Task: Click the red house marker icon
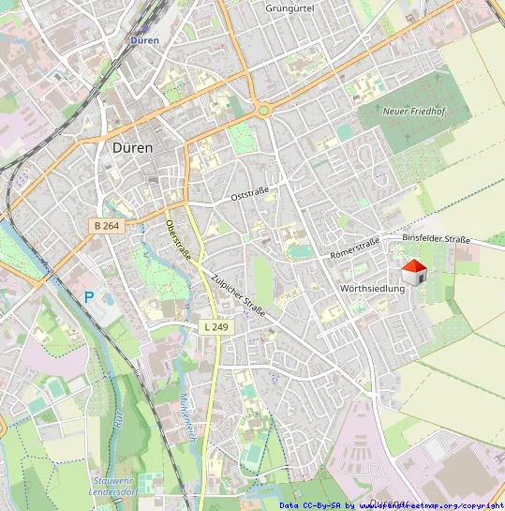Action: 414,273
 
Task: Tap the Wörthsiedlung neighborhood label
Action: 372,289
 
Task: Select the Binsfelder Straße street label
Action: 436,239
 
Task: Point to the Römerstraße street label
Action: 355,248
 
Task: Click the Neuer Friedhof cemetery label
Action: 415,112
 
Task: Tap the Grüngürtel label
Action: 290,8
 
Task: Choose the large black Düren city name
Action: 138,147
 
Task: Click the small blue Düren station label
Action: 144,40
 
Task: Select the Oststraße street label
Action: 249,194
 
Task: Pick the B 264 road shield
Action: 109,226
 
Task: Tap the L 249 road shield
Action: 215,327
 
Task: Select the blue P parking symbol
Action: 89,297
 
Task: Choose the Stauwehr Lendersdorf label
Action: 113,486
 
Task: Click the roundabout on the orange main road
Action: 264,110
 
